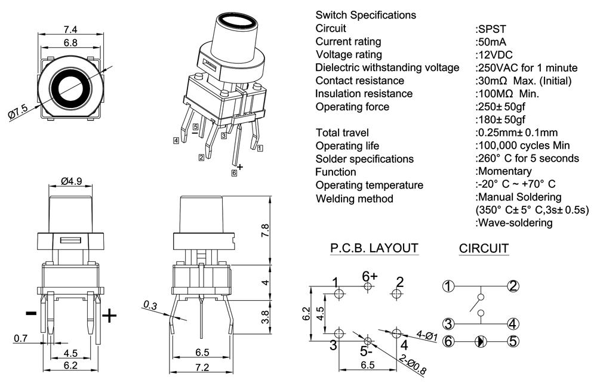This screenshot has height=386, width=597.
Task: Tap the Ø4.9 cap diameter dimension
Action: point(71,181)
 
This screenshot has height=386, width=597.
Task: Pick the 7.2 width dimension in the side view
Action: point(202,368)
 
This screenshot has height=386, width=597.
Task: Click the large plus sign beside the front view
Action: point(109,316)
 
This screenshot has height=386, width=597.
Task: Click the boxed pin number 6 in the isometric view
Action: point(234,173)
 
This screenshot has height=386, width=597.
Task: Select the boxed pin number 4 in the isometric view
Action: point(176,141)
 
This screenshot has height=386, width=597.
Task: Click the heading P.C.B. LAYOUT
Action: point(374,248)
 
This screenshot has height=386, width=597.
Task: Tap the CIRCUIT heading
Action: point(484,248)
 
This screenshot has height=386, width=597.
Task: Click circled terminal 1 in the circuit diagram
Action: point(448,286)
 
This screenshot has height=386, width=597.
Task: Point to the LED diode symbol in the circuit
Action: point(481,342)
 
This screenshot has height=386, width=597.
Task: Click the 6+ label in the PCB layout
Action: point(370,276)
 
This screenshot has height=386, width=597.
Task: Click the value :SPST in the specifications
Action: point(488,28)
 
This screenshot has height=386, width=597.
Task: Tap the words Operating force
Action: point(352,107)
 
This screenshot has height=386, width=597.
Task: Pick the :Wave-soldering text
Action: point(514,223)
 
